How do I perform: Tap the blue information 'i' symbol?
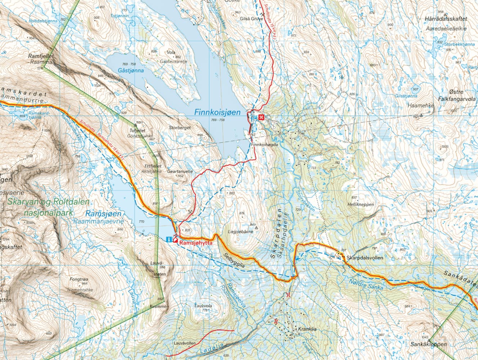(169, 239)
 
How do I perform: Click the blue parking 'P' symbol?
(255, 117)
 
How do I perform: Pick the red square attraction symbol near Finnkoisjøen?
(262, 117)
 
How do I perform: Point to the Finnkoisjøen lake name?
(217, 112)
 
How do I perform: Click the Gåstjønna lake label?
(130, 71)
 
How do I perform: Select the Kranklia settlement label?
(307, 329)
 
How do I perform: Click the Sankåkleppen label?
(428, 344)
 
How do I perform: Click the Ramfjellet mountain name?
(41, 57)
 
